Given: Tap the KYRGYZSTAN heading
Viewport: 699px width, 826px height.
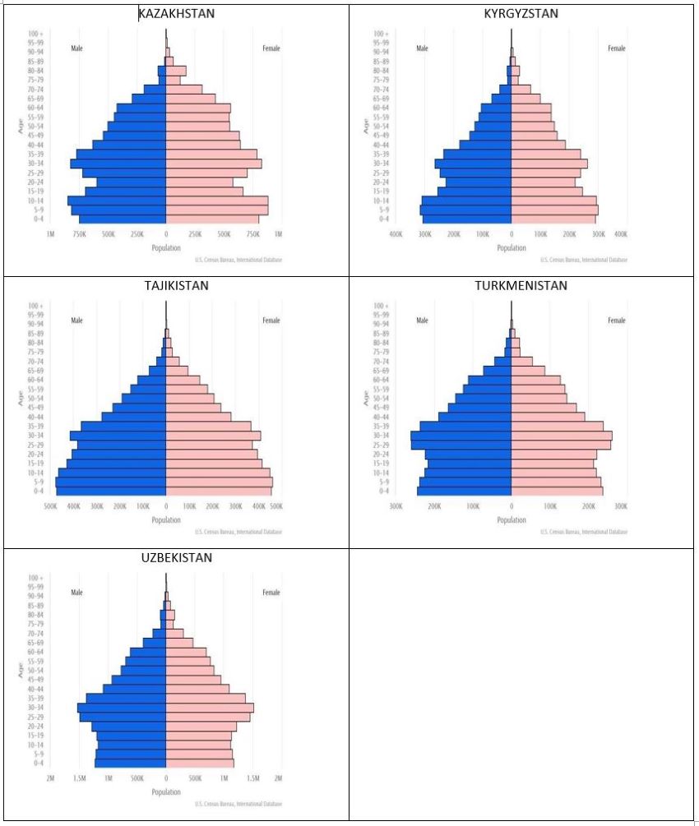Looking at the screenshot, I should (x=521, y=14).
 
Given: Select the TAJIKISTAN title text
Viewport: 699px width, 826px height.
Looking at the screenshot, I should (x=175, y=286).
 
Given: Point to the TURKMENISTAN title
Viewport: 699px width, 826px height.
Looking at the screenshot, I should (x=521, y=286).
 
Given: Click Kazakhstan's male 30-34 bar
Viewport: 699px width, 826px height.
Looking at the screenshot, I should (x=118, y=164).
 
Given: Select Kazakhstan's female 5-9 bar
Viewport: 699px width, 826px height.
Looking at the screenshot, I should (x=217, y=210).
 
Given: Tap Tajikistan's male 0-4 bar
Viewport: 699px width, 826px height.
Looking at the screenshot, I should (x=111, y=491).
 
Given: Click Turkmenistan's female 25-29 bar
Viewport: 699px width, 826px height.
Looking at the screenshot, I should (x=561, y=445).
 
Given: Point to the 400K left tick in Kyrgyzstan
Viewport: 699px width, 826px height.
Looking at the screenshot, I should (x=396, y=233).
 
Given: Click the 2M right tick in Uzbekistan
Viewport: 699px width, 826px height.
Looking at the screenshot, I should (x=278, y=778).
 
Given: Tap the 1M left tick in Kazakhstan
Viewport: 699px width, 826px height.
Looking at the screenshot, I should (x=50, y=233).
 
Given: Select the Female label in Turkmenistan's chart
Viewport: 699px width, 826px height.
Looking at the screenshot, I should (x=616, y=321).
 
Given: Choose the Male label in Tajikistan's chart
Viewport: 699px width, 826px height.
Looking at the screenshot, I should (x=76, y=321).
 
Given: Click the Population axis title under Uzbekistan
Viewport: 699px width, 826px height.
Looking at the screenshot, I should (x=166, y=792).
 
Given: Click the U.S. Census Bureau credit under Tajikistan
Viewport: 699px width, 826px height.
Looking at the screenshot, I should (x=238, y=532).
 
